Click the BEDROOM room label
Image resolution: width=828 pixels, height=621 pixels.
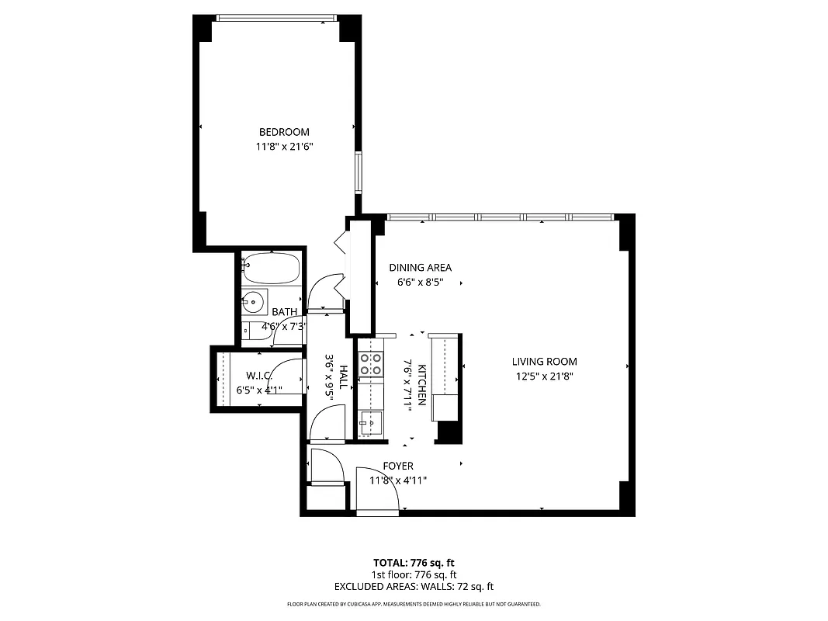(284, 132)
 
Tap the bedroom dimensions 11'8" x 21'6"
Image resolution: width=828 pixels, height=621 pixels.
(284, 146)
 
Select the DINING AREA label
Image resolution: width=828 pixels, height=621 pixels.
(420, 268)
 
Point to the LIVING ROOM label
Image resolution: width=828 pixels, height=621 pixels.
(544, 361)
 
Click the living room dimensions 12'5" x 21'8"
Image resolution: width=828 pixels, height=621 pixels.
(544, 376)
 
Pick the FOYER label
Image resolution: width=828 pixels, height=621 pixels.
(398, 466)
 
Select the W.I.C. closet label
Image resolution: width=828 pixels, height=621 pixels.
(258, 375)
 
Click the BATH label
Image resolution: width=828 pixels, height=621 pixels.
(284, 312)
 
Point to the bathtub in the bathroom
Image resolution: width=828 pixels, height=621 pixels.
(270, 269)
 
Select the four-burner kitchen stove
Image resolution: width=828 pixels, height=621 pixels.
(371, 364)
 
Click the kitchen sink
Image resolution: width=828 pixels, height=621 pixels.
(372, 422)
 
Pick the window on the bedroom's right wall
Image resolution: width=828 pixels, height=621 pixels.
(359, 172)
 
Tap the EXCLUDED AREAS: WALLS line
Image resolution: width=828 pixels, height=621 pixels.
(414, 587)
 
